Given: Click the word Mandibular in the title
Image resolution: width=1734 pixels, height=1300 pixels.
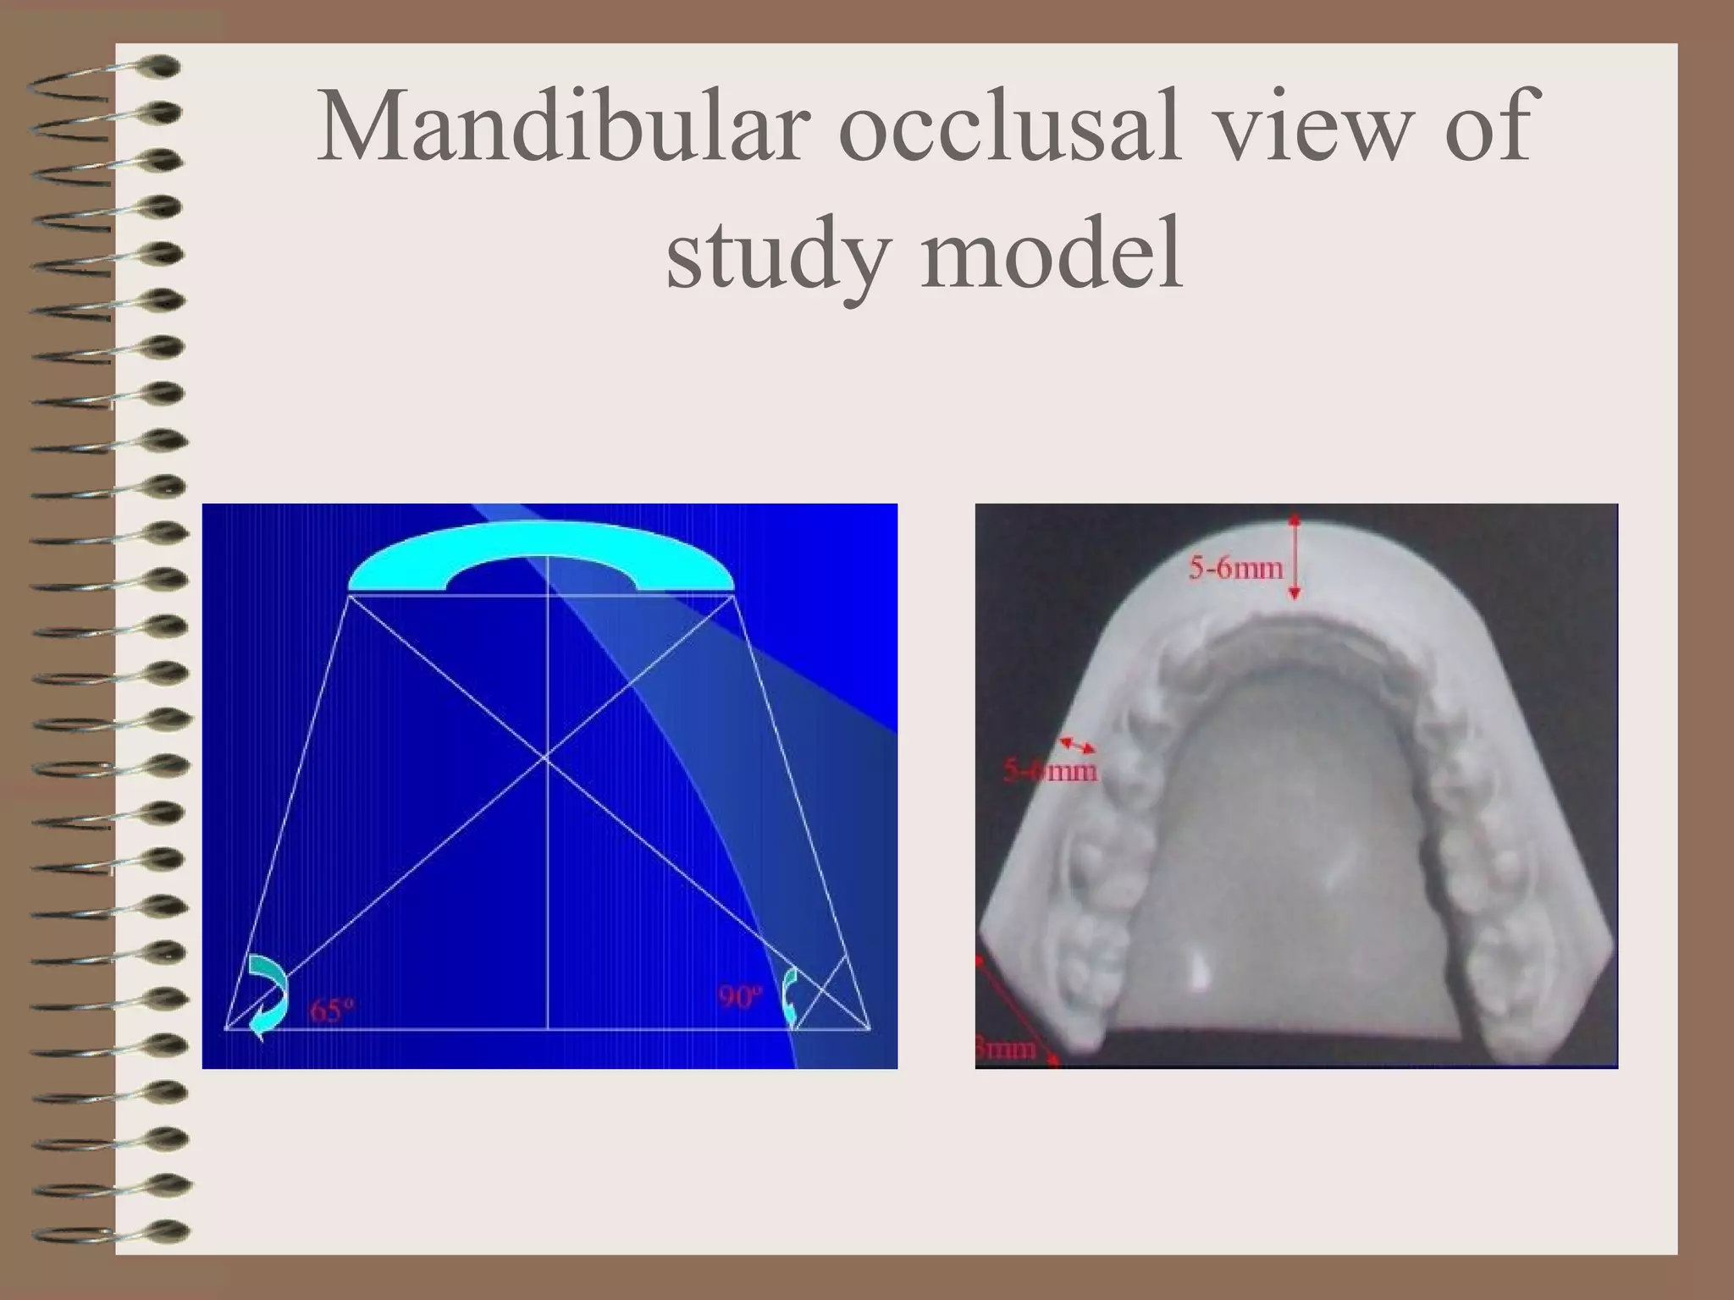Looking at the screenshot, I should tap(558, 127).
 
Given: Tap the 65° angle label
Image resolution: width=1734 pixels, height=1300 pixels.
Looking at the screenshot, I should tap(332, 1011).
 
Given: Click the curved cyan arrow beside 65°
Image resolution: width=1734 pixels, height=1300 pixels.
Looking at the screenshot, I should tap(269, 995).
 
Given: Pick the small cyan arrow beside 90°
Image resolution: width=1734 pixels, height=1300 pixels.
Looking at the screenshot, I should tap(790, 995).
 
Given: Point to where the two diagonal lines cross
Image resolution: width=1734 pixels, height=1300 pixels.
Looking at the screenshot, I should tap(546, 758).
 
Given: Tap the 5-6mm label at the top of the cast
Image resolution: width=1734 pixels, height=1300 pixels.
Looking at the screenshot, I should tap(1235, 567).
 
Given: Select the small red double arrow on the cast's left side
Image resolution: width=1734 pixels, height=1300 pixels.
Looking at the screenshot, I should tap(1077, 745).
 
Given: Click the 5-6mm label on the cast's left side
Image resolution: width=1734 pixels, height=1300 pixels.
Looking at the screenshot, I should tap(1050, 771).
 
